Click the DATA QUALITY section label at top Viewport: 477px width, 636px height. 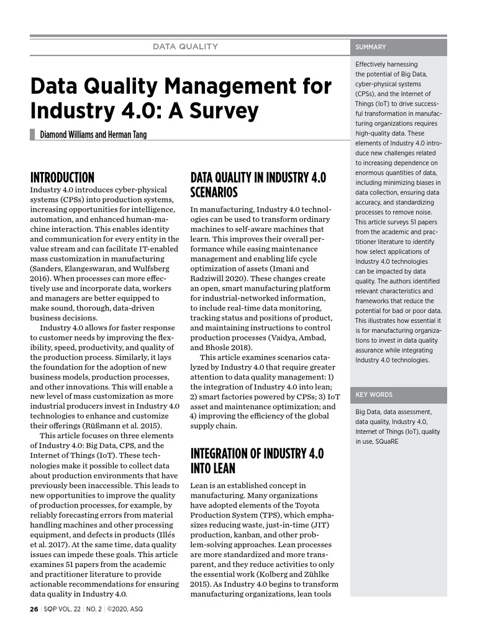[186, 47]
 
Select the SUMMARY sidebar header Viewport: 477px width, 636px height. [371, 47]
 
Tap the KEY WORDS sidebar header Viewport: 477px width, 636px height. [374, 394]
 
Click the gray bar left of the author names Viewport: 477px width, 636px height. [32, 134]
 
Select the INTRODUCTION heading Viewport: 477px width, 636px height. [62, 178]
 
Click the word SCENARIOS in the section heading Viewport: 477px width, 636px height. [214, 192]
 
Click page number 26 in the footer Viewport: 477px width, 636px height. [34, 609]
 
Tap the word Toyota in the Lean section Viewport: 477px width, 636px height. [313, 506]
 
